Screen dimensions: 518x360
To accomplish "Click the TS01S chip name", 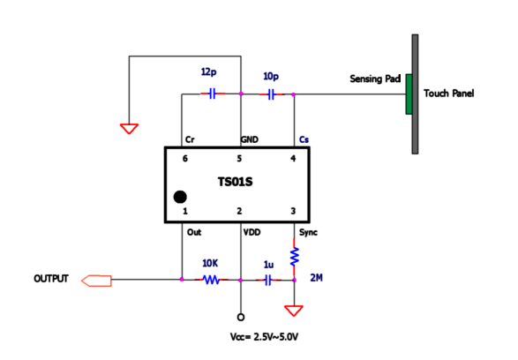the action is pyautogui.click(x=236, y=182).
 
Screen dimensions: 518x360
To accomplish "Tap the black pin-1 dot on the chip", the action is pyautogui.click(x=180, y=197).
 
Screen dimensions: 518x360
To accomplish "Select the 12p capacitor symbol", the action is pyautogui.click(x=213, y=94).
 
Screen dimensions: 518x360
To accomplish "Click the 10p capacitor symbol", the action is pyautogui.click(x=271, y=94).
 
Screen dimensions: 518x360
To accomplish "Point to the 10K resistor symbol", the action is pyautogui.click(x=211, y=280).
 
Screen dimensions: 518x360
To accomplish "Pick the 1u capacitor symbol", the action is pyautogui.click(x=268, y=280).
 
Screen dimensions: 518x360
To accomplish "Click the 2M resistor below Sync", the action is pyautogui.click(x=294, y=256).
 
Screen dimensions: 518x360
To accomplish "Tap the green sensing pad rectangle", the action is pyautogui.click(x=409, y=94).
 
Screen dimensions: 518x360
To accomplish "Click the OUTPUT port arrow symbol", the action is pyautogui.click(x=96, y=281).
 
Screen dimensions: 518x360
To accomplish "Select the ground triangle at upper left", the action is pyautogui.click(x=129, y=129).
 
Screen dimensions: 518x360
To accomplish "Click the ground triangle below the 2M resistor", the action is pyautogui.click(x=294, y=311).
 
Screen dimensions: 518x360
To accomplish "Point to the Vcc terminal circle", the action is pyautogui.click(x=241, y=318).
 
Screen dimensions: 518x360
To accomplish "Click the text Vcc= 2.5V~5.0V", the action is pyautogui.click(x=264, y=337).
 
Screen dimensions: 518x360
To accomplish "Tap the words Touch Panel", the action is pyautogui.click(x=448, y=94).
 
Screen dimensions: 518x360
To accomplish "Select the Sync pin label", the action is pyautogui.click(x=308, y=233).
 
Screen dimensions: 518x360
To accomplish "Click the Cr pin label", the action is pyautogui.click(x=190, y=139).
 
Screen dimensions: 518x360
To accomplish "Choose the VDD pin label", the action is pyautogui.click(x=251, y=233).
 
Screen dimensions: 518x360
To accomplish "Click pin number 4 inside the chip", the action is pyautogui.click(x=293, y=159).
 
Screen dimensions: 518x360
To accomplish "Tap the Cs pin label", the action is pyautogui.click(x=304, y=139).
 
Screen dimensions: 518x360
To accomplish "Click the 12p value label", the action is pyautogui.click(x=209, y=71).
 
